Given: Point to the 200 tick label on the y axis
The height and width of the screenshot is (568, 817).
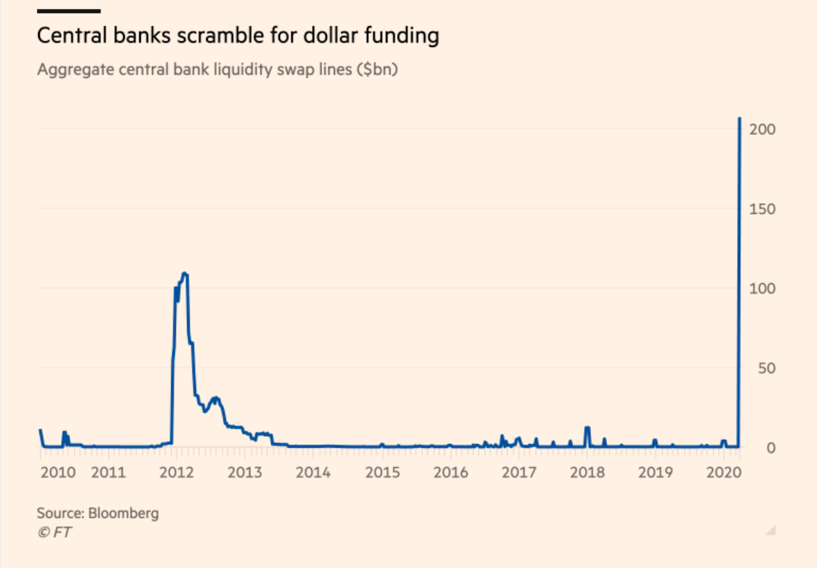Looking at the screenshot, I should [x=764, y=129].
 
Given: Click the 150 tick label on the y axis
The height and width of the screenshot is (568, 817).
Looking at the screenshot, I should [x=764, y=208].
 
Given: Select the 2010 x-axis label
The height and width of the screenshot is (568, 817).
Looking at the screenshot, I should [x=57, y=473].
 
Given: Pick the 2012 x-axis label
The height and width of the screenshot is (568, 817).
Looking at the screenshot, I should [x=177, y=473].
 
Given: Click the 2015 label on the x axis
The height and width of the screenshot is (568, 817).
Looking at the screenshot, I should [x=382, y=473].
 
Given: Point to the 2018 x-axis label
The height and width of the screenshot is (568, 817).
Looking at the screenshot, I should [x=587, y=473].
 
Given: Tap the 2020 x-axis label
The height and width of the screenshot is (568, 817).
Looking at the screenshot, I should [x=724, y=473].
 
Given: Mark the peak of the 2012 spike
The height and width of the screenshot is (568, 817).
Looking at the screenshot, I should [x=185, y=274].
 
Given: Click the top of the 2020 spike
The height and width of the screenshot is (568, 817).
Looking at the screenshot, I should [x=740, y=119].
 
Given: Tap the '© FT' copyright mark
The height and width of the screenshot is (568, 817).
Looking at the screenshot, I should [x=53, y=532].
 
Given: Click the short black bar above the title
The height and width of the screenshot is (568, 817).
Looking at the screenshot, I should [x=68, y=11].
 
